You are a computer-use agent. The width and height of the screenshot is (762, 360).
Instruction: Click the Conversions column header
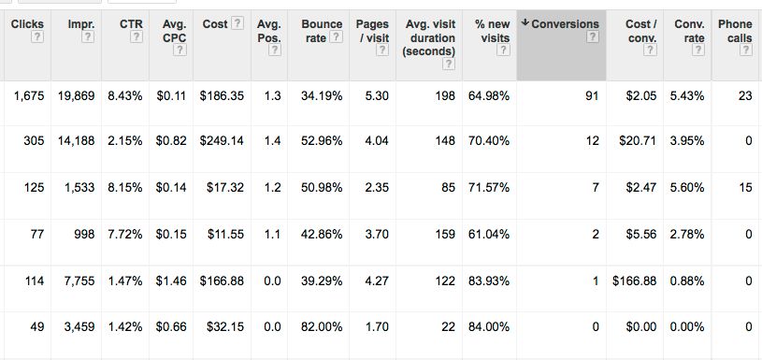click(565, 23)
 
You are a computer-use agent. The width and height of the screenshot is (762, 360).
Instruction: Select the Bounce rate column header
click(321, 30)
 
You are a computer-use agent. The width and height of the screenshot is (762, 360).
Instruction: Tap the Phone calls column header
click(734, 30)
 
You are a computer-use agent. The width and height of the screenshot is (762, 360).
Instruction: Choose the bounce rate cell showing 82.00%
click(322, 325)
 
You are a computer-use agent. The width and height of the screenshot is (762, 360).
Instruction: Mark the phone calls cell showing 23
click(745, 96)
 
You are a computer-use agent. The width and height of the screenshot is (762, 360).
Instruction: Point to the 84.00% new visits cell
click(491, 325)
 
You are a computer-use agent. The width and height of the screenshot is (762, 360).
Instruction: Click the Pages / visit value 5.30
click(376, 96)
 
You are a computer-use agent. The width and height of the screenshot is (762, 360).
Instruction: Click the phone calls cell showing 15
click(745, 188)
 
